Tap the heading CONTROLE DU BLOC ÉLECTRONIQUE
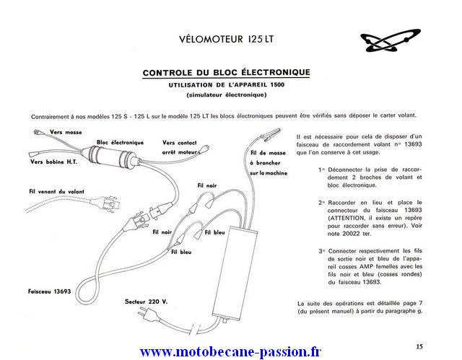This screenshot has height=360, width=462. coord(227,72)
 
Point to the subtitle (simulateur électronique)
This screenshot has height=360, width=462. coord(227,95)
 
